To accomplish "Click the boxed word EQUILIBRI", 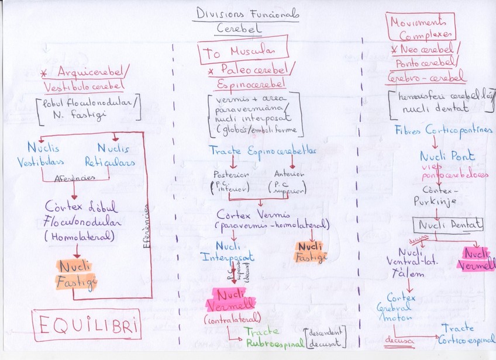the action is pos(86,326).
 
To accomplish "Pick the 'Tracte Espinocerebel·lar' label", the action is pos(263,151).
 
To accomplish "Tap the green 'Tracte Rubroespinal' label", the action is pos(274,337).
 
